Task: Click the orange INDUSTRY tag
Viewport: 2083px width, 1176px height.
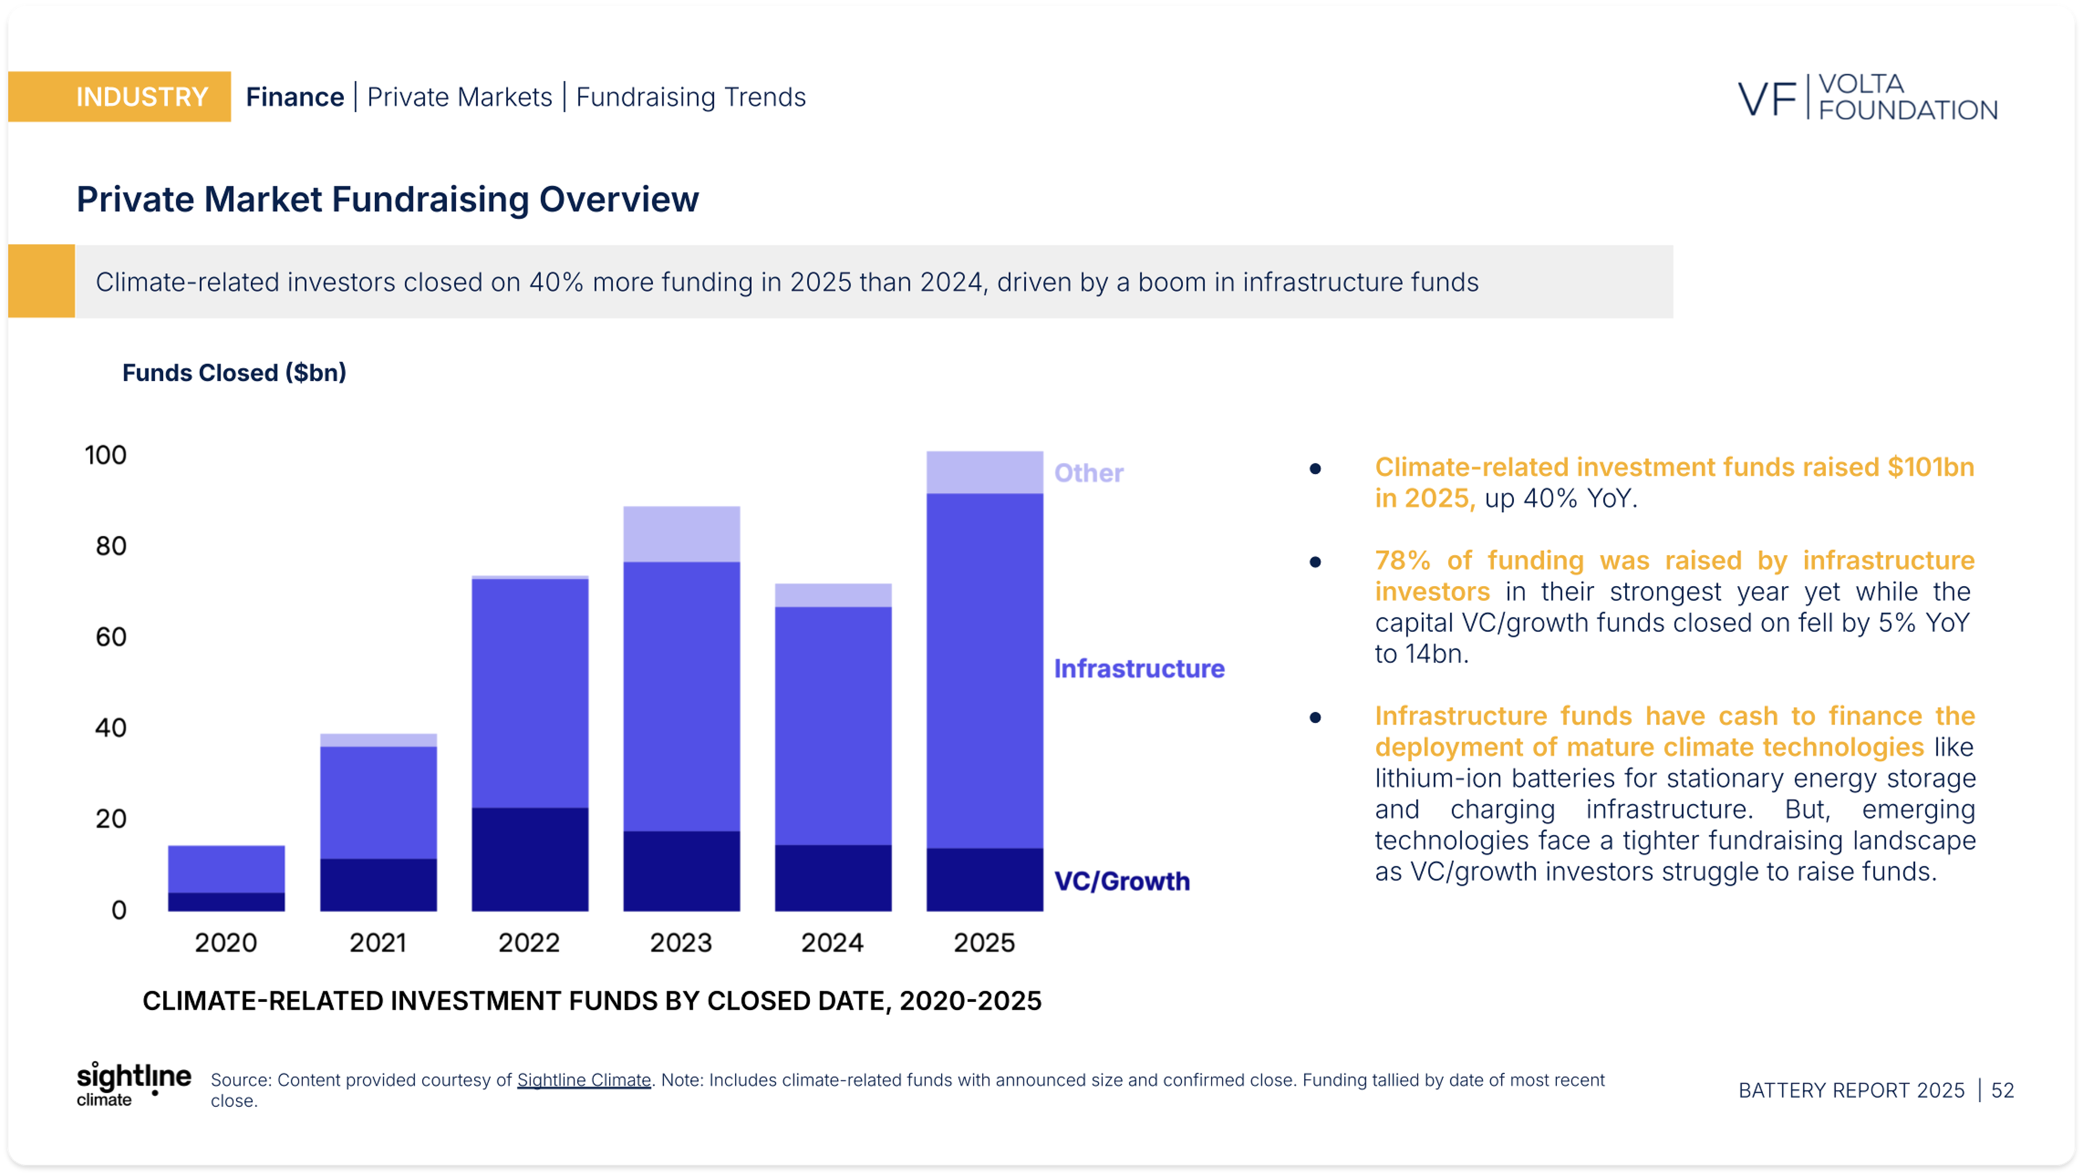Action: click(120, 97)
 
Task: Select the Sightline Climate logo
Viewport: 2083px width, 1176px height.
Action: click(133, 1084)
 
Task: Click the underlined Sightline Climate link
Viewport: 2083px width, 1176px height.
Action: click(584, 1080)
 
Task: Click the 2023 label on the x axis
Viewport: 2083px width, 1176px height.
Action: click(681, 942)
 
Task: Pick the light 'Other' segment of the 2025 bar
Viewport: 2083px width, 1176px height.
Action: click(984, 473)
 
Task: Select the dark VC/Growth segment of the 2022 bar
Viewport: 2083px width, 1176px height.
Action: click(529, 859)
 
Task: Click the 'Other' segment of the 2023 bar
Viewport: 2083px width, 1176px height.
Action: click(681, 534)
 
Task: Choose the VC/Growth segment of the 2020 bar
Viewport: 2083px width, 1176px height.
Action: click(226, 902)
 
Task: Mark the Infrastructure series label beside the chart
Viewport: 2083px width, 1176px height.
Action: click(1139, 669)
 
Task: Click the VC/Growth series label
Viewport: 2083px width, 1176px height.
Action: click(1122, 881)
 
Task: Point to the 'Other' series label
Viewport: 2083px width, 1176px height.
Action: click(1088, 473)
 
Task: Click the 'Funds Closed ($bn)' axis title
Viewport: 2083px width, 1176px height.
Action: click(234, 372)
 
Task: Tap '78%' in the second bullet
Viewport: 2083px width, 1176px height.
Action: click(1402, 560)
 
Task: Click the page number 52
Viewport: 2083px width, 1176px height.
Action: click(2002, 1090)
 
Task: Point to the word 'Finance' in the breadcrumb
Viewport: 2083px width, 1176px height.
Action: click(295, 97)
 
